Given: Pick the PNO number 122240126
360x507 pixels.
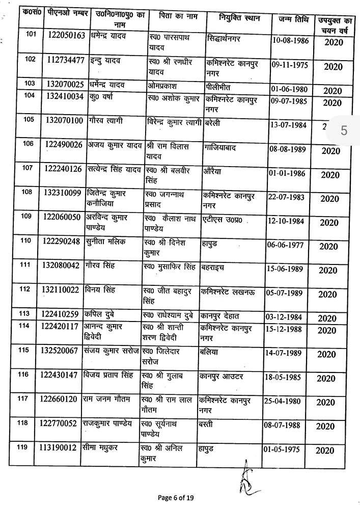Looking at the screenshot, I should click(x=63, y=169).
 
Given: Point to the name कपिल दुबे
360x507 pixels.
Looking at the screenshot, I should click(x=101, y=313).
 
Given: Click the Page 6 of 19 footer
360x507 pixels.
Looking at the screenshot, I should click(x=175, y=497).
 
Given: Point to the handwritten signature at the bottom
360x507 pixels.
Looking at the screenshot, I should click(x=245, y=479).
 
